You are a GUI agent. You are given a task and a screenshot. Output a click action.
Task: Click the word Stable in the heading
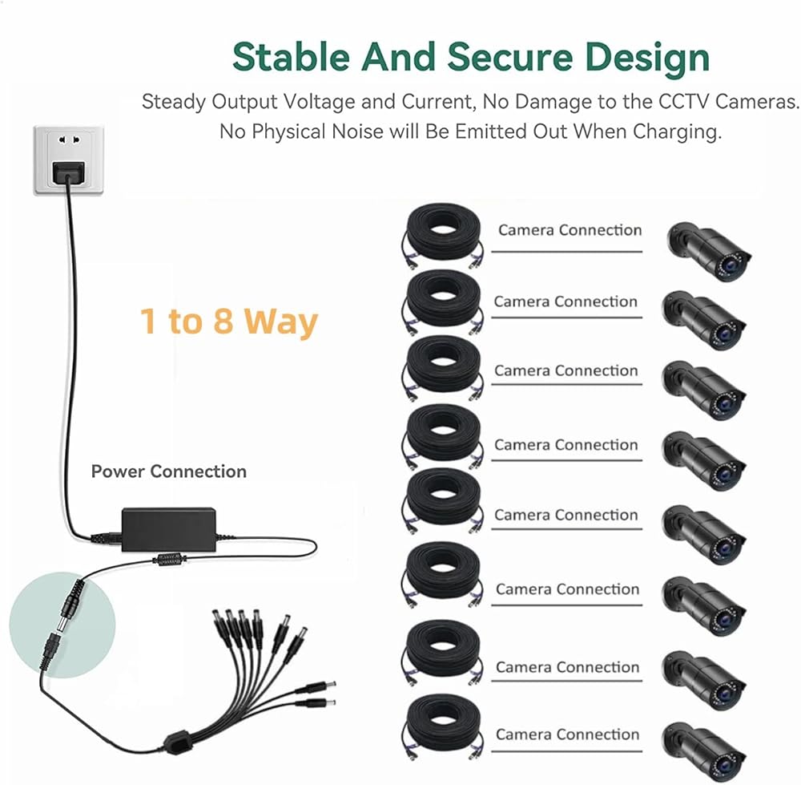coord(292,56)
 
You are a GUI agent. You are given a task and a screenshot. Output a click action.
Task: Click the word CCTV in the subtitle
coord(684,101)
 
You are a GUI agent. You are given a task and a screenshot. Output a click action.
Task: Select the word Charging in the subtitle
coord(677,132)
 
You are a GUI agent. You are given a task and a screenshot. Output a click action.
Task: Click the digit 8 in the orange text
coord(223,321)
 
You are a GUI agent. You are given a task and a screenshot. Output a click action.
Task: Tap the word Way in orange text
coord(281,322)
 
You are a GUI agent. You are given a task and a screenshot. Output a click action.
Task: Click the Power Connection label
coord(168,471)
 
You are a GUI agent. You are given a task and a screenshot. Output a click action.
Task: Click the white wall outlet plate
coord(68,160)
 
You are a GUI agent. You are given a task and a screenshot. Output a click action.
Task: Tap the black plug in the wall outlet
coord(68,172)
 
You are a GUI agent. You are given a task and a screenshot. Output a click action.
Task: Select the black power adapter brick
coord(168,528)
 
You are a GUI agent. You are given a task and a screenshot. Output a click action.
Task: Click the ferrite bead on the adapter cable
coord(169,559)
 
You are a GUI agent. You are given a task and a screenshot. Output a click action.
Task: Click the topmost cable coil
coord(444,234)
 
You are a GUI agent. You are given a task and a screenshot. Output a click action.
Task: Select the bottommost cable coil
coord(444,726)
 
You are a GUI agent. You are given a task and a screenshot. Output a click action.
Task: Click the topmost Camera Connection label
coord(570,230)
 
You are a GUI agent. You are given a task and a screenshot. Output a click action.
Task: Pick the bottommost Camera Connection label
coord(568,734)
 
